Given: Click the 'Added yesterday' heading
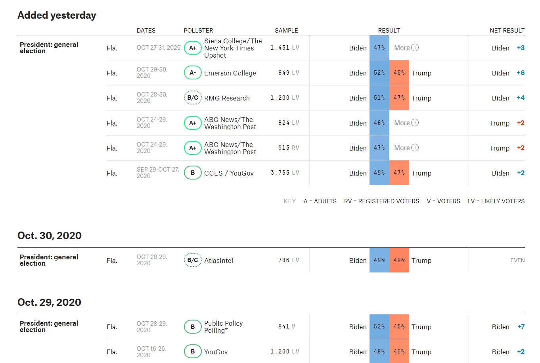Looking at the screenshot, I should click(57, 15).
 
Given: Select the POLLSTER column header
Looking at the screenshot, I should click(198, 31).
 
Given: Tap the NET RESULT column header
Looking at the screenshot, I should click(507, 31).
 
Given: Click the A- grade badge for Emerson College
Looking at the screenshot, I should click(193, 73).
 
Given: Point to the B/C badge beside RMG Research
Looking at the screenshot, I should click(193, 98).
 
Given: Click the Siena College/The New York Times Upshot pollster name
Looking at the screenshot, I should click(233, 48).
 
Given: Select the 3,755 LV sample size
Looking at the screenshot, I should click(285, 173).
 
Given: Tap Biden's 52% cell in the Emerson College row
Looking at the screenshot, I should click(379, 73).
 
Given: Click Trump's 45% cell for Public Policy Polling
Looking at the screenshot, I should click(399, 326).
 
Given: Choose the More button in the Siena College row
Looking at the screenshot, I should click(406, 48).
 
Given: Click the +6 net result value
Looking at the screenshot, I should click(520, 73).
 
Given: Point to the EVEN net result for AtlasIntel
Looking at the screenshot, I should click(517, 260).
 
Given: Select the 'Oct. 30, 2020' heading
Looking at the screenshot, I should click(50, 236).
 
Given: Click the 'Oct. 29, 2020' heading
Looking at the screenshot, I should click(49, 302).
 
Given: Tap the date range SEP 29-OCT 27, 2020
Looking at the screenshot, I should click(157, 172).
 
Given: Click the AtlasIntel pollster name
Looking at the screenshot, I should click(218, 261).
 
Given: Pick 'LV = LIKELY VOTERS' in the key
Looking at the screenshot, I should click(496, 201).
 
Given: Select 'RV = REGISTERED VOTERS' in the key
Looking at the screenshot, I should click(381, 201).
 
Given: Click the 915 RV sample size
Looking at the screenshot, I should click(288, 148).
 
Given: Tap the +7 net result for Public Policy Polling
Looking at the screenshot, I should click(521, 326).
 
